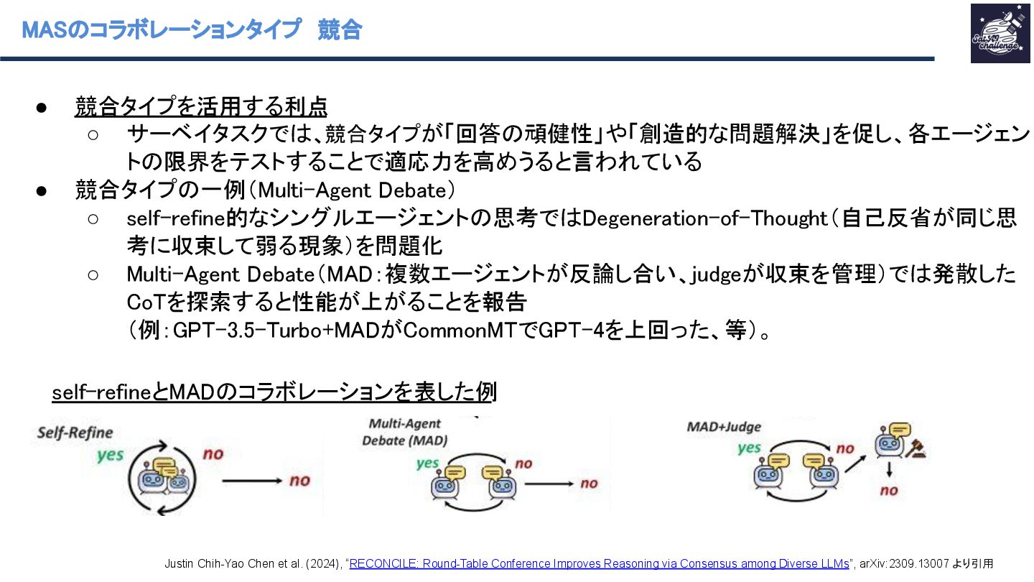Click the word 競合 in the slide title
[x=339, y=29]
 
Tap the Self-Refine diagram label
[x=75, y=433]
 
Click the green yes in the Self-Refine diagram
[x=111, y=455]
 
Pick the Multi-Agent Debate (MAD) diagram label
[x=404, y=432]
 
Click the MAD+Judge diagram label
[x=724, y=426]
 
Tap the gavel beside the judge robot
[x=916, y=449]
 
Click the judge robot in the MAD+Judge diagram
[x=889, y=444]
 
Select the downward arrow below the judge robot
[x=889, y=471]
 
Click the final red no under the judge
[x=889, y=491]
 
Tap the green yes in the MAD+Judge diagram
[x=749, y=448]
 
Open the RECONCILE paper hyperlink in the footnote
[x=599, y=564]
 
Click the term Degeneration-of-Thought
[x=704, y=218]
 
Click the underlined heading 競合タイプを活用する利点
[x=201, y=107]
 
